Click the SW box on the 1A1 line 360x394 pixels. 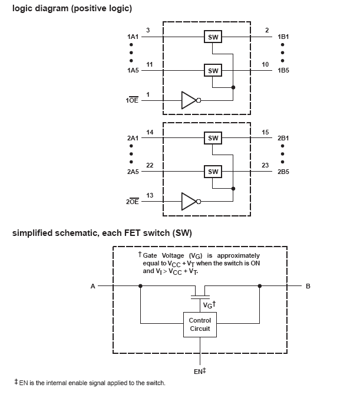213,37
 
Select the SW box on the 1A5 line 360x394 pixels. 213,71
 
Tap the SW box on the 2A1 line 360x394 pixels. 213,138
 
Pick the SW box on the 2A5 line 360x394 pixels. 213,172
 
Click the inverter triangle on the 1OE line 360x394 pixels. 189,100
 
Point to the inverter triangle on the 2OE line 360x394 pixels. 189,201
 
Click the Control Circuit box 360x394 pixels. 200,324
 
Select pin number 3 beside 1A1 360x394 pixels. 148,30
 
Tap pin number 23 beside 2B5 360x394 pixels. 266,165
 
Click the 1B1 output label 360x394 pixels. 283,37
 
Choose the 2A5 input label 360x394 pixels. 133,172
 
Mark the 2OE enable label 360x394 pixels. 132,202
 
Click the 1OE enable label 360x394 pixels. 132,101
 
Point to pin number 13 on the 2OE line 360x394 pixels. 150,195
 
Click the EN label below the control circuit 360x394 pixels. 199,372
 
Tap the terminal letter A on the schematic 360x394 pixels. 93,286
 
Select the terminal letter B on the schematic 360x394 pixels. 308,286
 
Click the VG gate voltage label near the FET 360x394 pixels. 209,305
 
